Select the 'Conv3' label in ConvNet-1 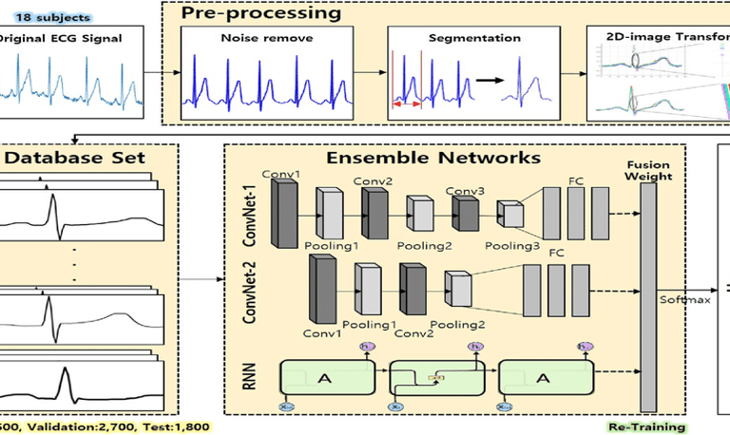coord(464,191)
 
